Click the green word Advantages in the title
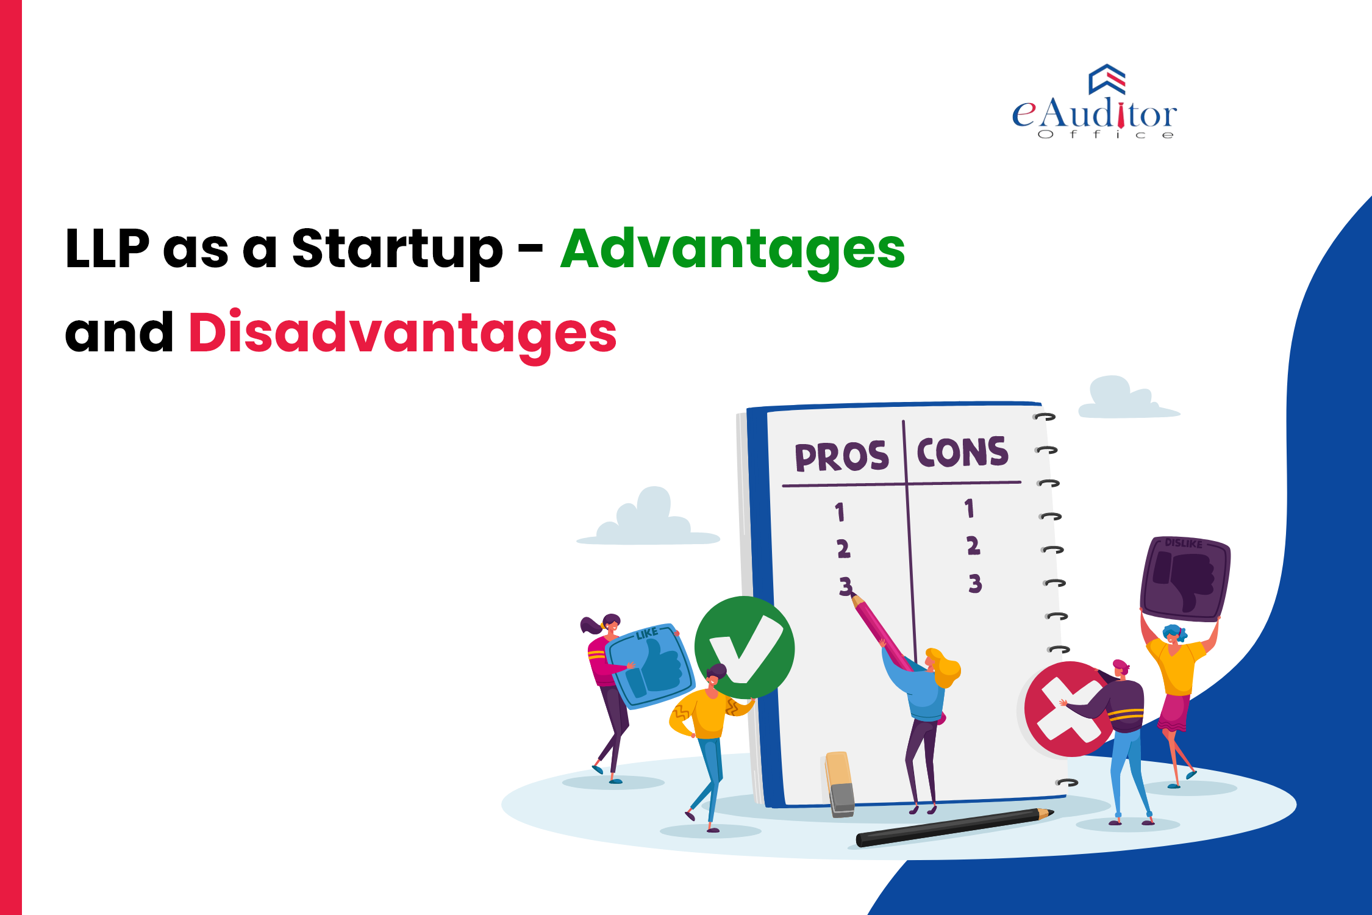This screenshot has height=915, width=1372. (x=732, y=249)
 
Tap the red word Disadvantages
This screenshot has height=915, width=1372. (x=402, y=333)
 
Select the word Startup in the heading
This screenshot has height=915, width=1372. (x=397, y=249)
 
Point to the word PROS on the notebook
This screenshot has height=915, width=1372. (x=841, y=457)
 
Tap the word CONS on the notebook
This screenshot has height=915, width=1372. (x=963, y=452)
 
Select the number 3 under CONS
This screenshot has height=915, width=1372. (x=975, y=584)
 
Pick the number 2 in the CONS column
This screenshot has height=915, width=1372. (x=973, y=545)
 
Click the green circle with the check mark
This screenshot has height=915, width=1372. (x=745, y=647)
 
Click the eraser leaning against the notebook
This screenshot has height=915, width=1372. (x=840, y=783)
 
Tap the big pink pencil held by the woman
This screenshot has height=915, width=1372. (x=881, y=634)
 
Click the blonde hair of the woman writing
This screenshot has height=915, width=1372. (x=945, y=667)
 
